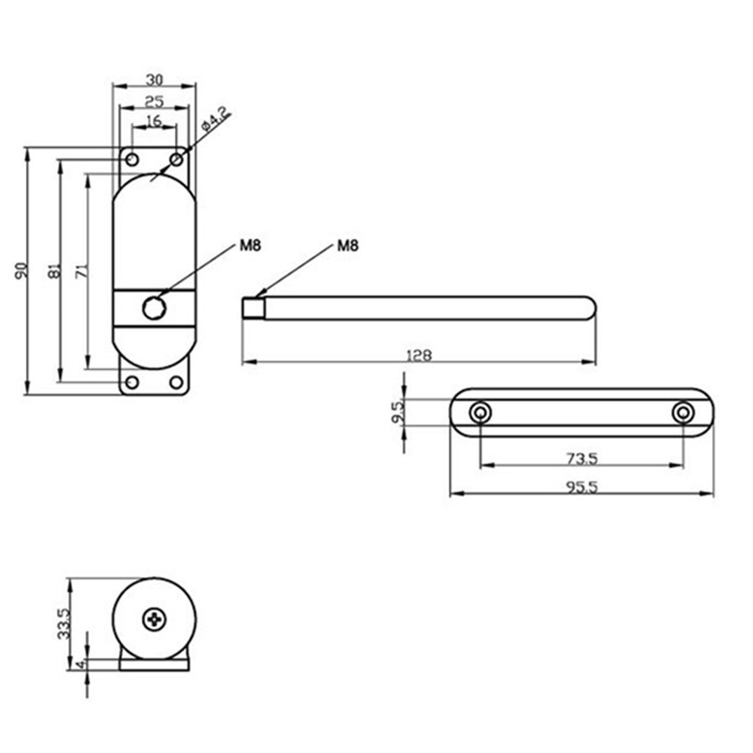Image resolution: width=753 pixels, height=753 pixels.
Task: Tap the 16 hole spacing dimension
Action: [x=154, y=121]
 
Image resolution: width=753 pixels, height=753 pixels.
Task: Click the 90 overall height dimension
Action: [x=21, y=270]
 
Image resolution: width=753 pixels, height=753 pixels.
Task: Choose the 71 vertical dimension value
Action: [x=81, y=270]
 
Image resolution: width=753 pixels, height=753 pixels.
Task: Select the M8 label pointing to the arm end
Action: [x=348, y=246]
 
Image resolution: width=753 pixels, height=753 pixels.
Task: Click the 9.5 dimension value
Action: [x=398, y=413]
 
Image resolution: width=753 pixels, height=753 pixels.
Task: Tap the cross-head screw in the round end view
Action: [x=154, y=620]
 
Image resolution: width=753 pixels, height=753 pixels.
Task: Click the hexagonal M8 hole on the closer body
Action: [x=154, y=308]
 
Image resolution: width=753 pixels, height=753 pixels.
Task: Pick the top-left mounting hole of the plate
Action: [x=132, y=159]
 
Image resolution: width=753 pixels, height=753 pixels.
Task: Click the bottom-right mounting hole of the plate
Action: [x=177, y=382]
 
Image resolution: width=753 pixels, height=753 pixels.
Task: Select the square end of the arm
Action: [x=252, y=308]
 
